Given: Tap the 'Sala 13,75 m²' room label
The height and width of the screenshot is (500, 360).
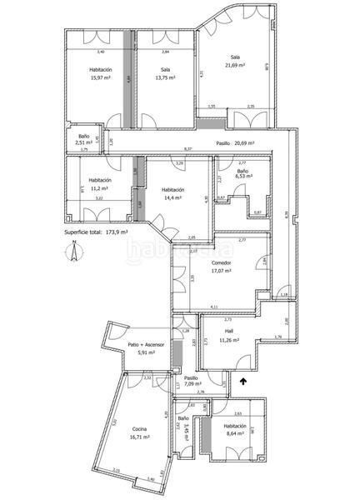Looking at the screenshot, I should coord(166,73).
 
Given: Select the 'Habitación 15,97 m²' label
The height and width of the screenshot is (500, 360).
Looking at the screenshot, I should coord(101,73).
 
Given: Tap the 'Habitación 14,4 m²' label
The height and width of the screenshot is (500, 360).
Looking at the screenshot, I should coord(173,194).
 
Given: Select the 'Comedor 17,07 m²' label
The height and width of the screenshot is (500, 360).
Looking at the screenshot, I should coord(221,267).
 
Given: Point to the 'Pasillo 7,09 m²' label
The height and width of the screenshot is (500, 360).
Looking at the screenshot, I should coord(192,381).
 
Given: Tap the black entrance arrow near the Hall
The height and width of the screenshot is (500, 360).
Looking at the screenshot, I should coord(242,382).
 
